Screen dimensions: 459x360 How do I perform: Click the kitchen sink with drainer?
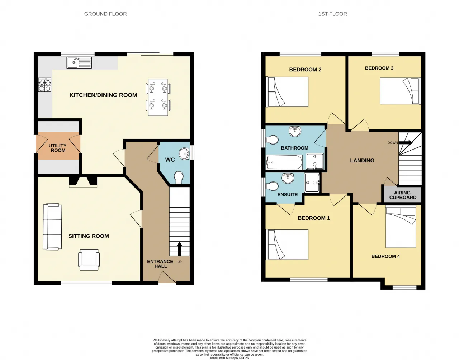coord(79,63)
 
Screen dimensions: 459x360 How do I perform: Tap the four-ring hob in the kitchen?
coord(44,85)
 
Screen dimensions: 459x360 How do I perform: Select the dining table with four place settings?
coord(158,97)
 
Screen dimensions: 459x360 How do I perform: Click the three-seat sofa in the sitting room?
coord(52,227)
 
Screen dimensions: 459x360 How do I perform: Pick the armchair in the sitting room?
coord(89,260)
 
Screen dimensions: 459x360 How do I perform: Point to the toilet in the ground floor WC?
coord(179,177)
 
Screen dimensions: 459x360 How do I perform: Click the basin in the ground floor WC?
coord(184,153)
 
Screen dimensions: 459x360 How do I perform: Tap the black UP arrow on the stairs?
coord(179,249)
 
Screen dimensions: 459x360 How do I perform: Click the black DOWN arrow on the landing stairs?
coord(406,142)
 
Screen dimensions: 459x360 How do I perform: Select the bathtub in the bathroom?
coord(284,162)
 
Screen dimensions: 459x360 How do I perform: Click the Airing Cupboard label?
coord(403,195)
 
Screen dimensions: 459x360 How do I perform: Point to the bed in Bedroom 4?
coord(401,227)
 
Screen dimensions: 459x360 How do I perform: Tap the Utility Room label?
coord(58,148)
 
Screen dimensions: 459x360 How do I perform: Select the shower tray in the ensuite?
coord(312,183)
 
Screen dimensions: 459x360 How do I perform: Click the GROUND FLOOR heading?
coord(105,14)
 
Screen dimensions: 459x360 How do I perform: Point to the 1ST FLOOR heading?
coord(332,14)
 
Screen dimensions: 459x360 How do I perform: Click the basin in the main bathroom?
coord(295,131)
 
